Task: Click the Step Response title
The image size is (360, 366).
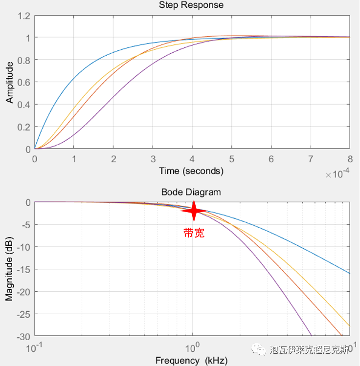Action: pos(191,5)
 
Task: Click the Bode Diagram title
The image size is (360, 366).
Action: pos(191,192)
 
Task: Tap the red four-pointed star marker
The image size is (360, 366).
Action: pos(194,211)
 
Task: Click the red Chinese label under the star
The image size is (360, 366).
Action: pos(194,233)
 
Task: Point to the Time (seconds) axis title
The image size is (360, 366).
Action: pos(191,171)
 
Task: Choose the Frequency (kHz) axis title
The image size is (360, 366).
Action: pos(191,361)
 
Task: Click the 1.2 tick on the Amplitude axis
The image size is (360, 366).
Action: pos(24,16)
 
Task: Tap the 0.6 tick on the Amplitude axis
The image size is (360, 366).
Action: pos(24,83)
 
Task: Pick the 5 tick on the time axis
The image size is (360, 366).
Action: pos(231,159)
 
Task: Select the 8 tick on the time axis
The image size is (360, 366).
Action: pos(349,159)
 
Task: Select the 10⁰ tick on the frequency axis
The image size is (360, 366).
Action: pos(192,347)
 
